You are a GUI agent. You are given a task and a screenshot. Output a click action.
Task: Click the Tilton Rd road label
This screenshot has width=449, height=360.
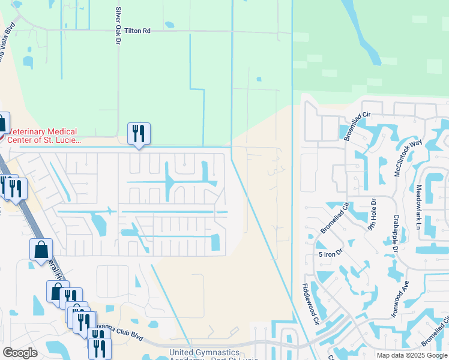[x=138, y=31]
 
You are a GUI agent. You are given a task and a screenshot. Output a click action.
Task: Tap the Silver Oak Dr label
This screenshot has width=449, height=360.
[x=118, y=26]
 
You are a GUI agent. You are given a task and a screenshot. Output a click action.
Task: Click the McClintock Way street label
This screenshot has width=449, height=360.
[x=409, y=157]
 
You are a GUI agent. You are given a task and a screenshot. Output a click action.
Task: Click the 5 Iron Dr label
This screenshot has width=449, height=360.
[x=330, y=254]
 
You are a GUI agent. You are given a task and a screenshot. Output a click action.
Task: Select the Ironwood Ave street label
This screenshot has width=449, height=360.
[x=401, y=298]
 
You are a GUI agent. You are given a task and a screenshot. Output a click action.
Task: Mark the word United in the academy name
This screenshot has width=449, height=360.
[x=182, y=352]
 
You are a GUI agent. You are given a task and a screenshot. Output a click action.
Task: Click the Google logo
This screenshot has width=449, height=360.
[x=20, y=353]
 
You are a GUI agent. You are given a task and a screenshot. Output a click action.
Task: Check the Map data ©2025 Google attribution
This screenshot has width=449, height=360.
[x=411, y=355]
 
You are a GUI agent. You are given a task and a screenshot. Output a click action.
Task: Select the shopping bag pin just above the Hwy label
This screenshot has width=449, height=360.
[x=41, y=249]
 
